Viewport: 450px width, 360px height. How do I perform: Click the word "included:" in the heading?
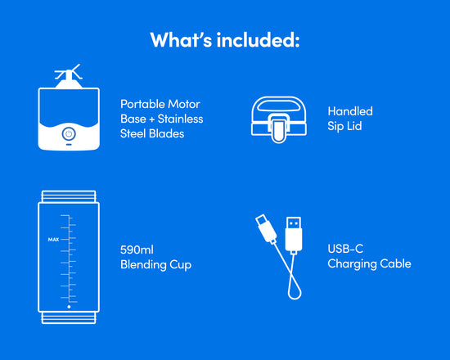[x=258, y=39]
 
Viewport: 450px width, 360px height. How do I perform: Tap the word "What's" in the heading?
[x=181, y=39]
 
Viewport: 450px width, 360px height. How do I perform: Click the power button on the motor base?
[x=69, y=134]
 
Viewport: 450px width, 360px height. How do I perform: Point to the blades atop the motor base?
[x=69, y=72]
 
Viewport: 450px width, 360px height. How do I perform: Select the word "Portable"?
[x=142, y=104]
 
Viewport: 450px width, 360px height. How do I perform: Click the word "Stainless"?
[x=180, y=119]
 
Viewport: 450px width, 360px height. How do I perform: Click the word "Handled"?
[x=350, y=111]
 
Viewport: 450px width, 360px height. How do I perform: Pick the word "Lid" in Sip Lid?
[x=354, y=126]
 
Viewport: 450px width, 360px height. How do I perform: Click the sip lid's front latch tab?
[x=278, y=131]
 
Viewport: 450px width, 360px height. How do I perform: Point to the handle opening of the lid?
[x=278, y=106]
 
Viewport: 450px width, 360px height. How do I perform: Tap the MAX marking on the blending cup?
[x=53, y=240]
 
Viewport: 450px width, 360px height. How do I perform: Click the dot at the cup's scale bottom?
[x=69, y=307]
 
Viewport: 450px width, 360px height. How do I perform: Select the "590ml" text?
[x=137, y=250]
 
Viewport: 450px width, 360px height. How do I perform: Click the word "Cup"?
[x=180, y=265]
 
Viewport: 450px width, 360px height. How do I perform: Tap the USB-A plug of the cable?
[x=294, y=234]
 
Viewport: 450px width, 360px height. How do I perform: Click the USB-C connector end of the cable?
[x=266, y=228]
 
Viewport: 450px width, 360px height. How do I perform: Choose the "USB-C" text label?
[x=345, y=249]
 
